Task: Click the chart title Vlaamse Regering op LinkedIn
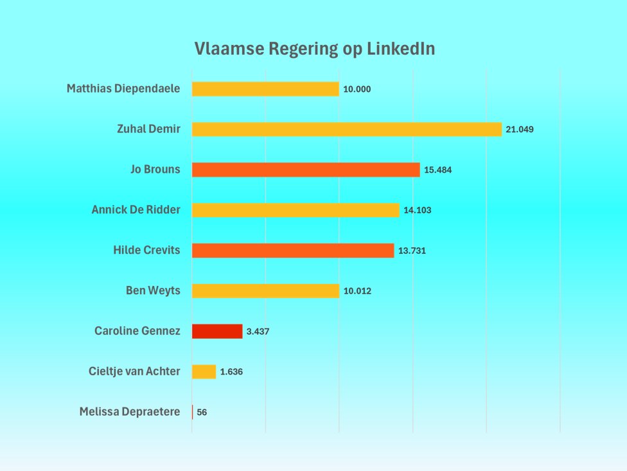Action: point(314,49)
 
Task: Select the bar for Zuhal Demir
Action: point(346,129)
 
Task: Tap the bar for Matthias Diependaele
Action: point(265,89)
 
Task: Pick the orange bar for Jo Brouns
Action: point(306,170)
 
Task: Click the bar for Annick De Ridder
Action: point(296,210)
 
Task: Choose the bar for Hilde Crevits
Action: point(293,251)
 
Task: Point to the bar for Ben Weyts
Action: point(265,291)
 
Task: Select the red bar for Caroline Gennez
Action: point(217,332)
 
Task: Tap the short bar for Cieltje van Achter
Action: point(204,371)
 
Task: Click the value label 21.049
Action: point(520,129)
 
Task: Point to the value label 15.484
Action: point(438,170)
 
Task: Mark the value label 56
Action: point(202,413)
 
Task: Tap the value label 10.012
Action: point(357,291)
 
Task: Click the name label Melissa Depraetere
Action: point(130,412)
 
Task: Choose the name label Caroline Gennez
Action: point(137,332)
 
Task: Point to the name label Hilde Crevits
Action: point(146,251)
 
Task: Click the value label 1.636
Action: point(231,372)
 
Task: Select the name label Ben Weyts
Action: point(153,291)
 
